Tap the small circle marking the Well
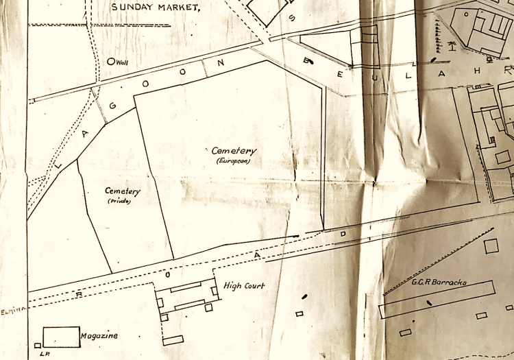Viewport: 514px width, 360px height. [111, 61]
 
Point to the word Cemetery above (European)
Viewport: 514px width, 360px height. [234, 151]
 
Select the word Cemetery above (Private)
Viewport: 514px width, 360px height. [123, 191]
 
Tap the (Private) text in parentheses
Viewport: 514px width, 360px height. [119, 201]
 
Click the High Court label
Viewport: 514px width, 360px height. [245, 285]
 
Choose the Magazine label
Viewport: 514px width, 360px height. [99, 335]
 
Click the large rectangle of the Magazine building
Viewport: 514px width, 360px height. [60, 337]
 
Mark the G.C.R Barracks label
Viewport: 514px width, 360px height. [439, 280]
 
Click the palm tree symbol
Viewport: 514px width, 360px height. [452, 47]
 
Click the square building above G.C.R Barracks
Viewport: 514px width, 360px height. [491, 246]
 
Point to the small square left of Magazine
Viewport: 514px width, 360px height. [37, 345]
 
